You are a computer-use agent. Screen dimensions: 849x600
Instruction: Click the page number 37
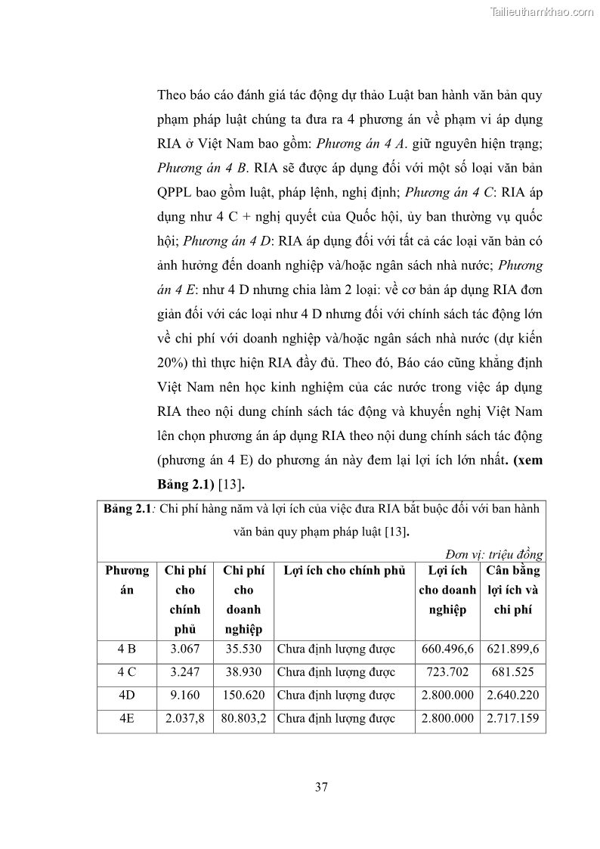(321, 787)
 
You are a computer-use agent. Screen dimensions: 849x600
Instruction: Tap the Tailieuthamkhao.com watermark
(542, 11)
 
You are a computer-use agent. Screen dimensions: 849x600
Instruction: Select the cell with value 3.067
(184, 649)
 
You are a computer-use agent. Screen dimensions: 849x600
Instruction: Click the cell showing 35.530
(243, 649)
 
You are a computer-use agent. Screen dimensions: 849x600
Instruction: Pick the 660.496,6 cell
(447, 649)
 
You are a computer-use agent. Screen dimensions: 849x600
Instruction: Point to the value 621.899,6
(512, 649)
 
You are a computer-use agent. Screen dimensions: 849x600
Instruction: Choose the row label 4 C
(127, 671)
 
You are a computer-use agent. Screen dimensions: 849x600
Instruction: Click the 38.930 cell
(243, 671)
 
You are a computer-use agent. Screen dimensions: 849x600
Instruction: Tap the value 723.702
(447, 671)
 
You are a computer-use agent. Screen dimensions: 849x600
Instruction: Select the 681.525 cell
(512, 671)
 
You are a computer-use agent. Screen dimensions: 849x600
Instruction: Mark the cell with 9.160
(184, 695)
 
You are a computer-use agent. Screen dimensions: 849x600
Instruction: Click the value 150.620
(243, 695)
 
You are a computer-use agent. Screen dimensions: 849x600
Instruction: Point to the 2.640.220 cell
(512, 695)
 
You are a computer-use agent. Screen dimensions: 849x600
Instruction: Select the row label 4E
(127, 718)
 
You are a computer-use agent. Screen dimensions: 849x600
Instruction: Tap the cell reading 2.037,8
(184, 718)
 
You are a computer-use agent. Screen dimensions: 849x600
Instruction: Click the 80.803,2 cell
(243, 718)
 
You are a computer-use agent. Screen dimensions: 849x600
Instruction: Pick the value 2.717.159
(512, 718)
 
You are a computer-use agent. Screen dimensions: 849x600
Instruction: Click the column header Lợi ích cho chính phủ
(344, 571)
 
